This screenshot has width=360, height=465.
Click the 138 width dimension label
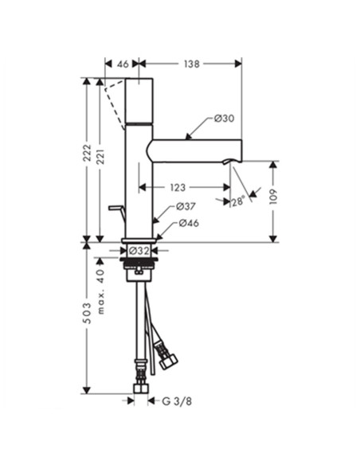pos(192,64)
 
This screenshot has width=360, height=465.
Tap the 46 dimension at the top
pos(123,64)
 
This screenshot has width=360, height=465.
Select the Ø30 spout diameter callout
pos(224,119)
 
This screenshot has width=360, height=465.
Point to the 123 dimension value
pos(178,187)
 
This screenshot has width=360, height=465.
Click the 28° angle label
pos(238,201)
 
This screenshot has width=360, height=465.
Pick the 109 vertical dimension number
pos(273,197)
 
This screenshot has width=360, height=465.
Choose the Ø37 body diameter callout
pos(186,206)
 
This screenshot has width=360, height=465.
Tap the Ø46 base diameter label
pos(189,223)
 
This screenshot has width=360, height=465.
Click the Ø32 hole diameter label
pos(139,251)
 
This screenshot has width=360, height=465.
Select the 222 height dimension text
pos(87,153)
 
